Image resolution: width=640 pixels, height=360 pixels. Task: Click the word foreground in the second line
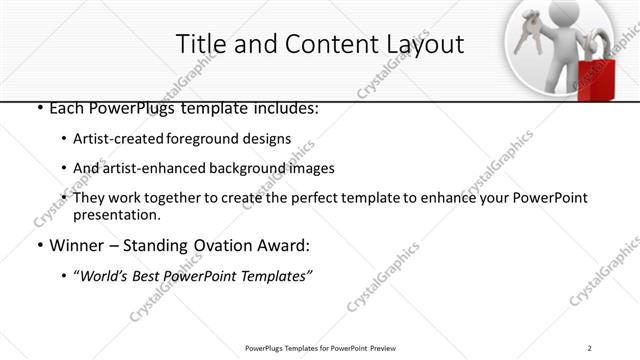pos(211,139)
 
